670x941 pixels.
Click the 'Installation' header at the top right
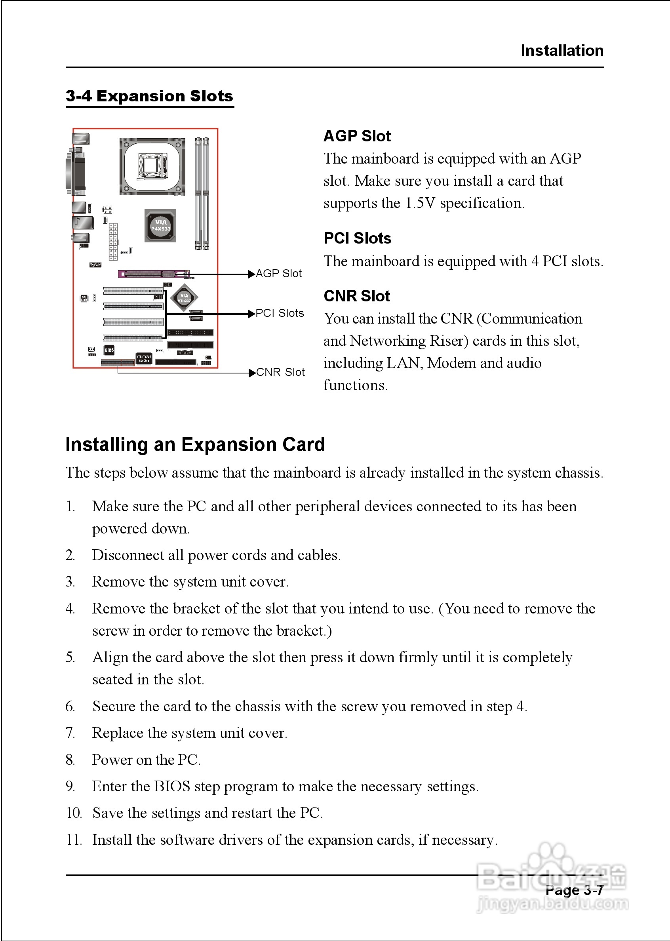point(562,50)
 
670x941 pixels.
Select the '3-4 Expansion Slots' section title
point(149,96)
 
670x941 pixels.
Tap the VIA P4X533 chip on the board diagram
point(160,226)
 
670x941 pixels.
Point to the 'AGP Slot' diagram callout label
point(278,274)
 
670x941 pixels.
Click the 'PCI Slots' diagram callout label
point(279,313)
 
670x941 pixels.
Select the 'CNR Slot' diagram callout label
point(280,372)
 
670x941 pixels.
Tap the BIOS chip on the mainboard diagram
point(109,350)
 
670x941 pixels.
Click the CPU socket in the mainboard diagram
point(152,166)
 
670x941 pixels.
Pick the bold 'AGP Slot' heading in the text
point(357,136)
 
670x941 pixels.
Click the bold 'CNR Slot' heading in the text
point(356,296)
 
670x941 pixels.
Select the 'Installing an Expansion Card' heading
point(195,445)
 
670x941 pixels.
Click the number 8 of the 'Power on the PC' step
point(70,760)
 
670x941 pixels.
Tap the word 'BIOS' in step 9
point(171,786)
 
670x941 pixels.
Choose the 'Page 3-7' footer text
point(574,890)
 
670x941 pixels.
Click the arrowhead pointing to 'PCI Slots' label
point(251,314)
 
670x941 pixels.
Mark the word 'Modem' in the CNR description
point(451,363)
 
